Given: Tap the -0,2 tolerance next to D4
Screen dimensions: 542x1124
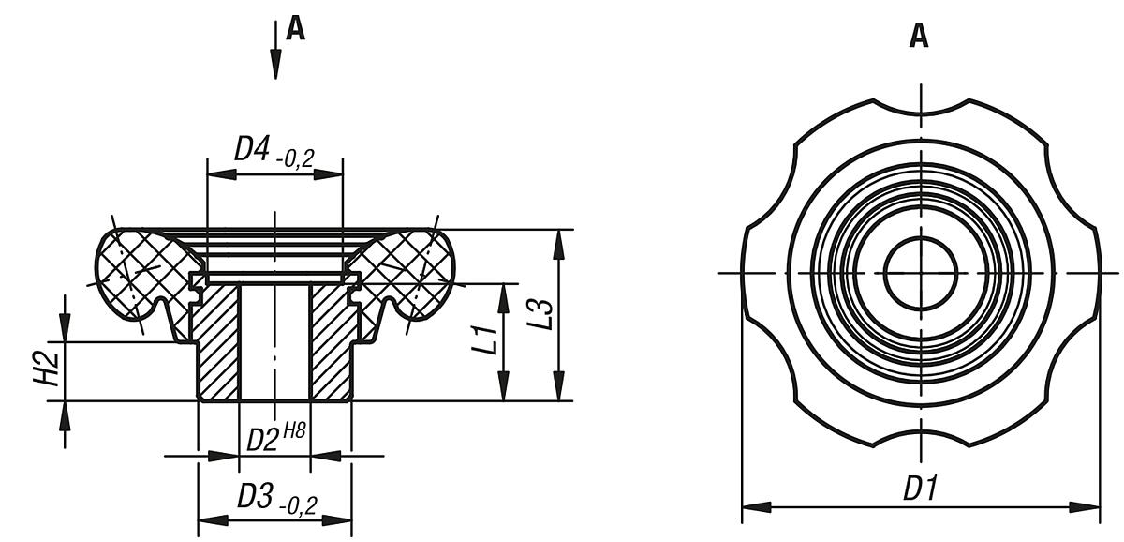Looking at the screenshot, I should click(x=295, y=157).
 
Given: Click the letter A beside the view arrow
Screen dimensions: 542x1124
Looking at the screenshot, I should click(x=295, y=30).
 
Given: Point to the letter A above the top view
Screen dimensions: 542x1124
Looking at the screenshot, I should click(x=920, y=37).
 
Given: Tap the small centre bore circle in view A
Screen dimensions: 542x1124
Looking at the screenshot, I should click(x=921, y=273).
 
